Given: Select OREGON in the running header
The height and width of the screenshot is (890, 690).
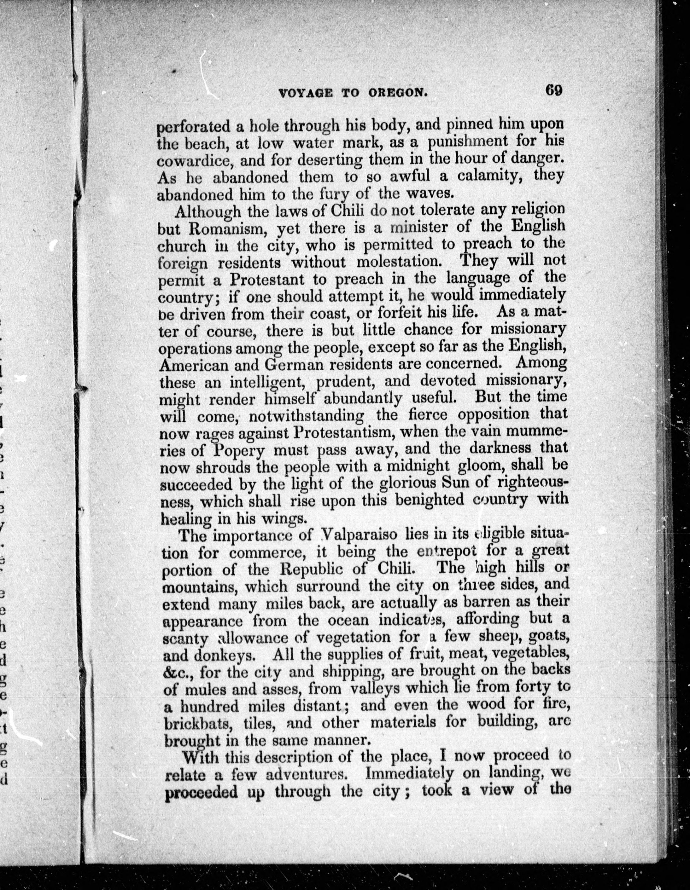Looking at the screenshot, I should click(x=398, y=93).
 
